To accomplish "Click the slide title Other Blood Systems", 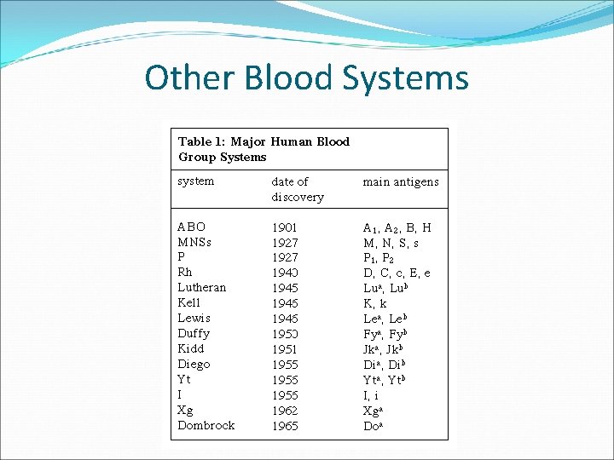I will [x=306, y=78].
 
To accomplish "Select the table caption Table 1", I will [x=264, y=149].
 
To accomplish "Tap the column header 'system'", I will [x=195, y=181].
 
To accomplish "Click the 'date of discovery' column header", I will [x=298, y=189].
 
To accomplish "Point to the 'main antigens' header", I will [x=401, y=181].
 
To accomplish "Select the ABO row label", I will [x=191, y=227].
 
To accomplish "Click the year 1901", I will [x=285, y=227].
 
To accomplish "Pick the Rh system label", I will [x=185, y=273].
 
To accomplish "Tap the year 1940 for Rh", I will [x=285, y=273].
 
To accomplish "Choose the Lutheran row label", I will [x=201, y=288].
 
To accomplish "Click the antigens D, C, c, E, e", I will [x=397, y=273].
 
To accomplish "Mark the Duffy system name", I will [x=194, y=333].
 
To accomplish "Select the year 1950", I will [x=285, y=333].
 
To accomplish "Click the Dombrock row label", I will [x=206, y=425].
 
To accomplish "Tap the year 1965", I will [x=285, y=425].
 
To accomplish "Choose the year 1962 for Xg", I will [x=285, y=410].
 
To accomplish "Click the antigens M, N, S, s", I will [x=391, y=243].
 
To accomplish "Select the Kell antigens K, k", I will [x=375, y=303].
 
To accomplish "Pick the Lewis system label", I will [x=194, y=319].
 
